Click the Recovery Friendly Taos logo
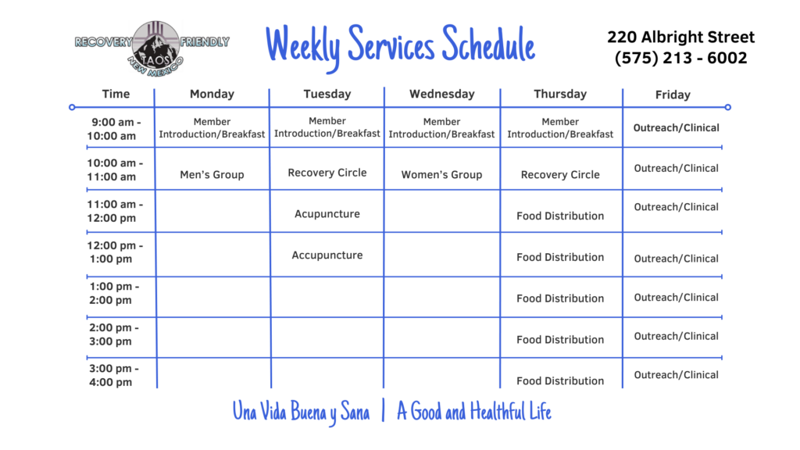[x=152, y=49]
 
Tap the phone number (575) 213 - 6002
[x=680, y=58]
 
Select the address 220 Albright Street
[x=680, y=37]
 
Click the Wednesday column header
[x=442, y=94]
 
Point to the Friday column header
[x=673, y=95]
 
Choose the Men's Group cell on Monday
[x=212, y=174]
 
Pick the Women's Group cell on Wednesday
[x=441, y=174]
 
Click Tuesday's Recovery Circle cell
[x=327, y=173]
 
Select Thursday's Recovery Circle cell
[x=559, y=174]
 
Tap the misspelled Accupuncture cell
[x=327, y=255]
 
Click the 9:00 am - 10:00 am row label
[x=114, y=129]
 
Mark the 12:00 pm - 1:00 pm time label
[x=115, y=252]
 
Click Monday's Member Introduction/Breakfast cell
[x=212, y=127]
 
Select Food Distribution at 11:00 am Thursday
[x=559, y=216]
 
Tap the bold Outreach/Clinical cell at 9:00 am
[x=676, y=127]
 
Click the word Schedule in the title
[x=488, y=45]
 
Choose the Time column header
[x=116, y=94]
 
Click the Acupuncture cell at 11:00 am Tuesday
[x=327, y=214]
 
